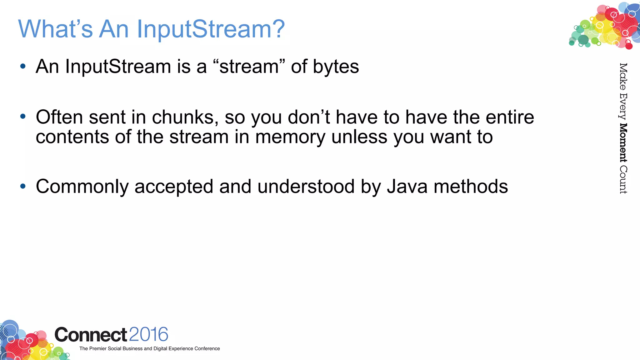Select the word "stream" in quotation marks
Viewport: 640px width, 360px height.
point(249,67)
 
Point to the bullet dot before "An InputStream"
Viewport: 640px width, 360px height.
point(22,66)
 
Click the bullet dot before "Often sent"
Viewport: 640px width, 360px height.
point(22,117)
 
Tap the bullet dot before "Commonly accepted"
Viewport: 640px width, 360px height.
point(22,186)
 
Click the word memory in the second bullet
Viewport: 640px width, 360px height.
point(290,137)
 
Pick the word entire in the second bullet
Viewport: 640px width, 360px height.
point(510,117)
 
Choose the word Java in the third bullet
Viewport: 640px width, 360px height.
point(407,187)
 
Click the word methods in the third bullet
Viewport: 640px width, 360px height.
point(471,187)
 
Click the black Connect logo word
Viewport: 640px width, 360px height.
point(91,335)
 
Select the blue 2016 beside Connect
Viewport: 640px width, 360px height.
point(148,334)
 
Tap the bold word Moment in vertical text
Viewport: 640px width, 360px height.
point(623,143)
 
